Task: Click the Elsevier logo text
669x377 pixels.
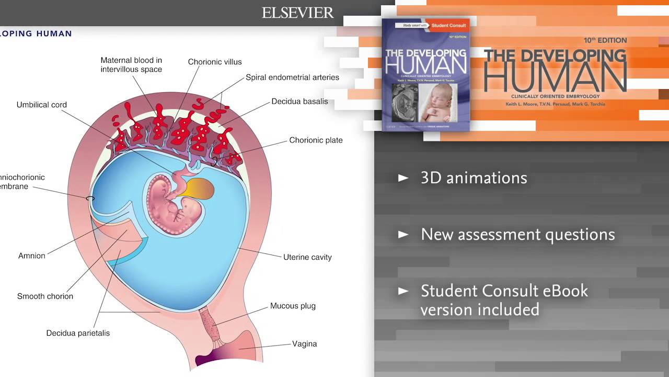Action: pyautogui.click(x=297, y=13)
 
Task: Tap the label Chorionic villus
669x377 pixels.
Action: pyautogui.click(x=215, y=62)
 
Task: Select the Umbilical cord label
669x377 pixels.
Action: pyautogui.click(x=42, y=105)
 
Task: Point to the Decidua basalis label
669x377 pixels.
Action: pyautogui.click(x=299, y=102)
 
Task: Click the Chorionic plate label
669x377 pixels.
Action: pyautogui.click(x=316, y=140)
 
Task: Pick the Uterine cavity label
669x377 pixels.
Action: pyautogui.click(x=307, y=257)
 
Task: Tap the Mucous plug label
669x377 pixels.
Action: pyautogui.click(x=293, y=306)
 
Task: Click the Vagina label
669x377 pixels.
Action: pyautogui.click(x=304, y=344)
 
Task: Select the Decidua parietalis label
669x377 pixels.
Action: pyautogui.click(x=78, y=333)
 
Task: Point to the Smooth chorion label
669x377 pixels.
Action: pyautogui.click(x=45, y=296)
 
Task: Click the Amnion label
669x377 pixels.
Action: pyautogui.click(x=32, y=256)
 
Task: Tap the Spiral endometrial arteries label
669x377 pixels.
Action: pyautogui.click(x=292, y=77)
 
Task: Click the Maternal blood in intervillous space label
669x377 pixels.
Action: pyautogui.click(x=131, y=65)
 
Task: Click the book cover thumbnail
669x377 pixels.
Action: pyautogui.click(x=425, y=75)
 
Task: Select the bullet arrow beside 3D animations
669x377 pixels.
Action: pyautogui.click(x=403, y=178)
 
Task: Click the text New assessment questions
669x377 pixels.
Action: pyautogui.click(x=517, y=235)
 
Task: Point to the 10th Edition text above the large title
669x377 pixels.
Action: pyautogui.click(x=605, y=40)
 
